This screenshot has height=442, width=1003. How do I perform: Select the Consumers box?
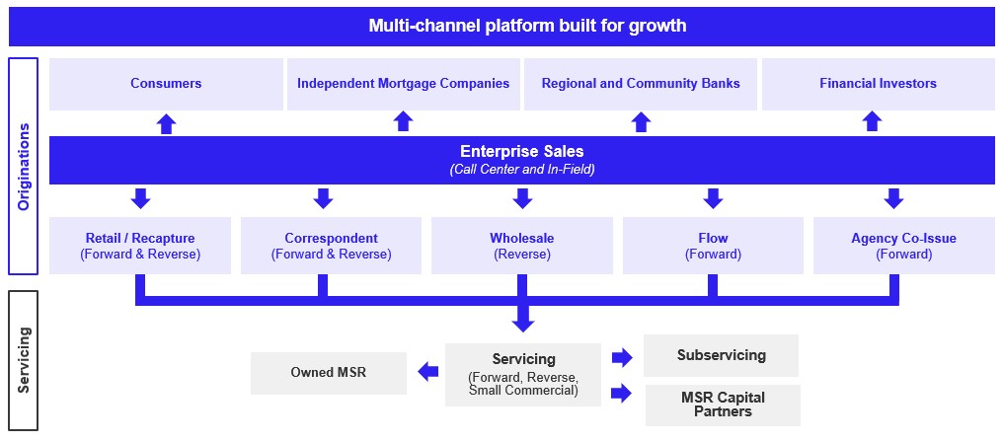166,84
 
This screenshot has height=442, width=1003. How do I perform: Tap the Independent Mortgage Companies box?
403,84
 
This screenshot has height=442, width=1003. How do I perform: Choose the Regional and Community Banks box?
641,84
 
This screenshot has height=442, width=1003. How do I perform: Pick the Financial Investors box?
878,84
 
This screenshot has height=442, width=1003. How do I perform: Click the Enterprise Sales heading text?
521,152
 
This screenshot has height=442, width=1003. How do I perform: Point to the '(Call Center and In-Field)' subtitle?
521,170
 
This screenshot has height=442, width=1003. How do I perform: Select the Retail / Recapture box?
140,246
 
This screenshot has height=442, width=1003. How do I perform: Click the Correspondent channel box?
331,246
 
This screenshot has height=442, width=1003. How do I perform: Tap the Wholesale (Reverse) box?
521,246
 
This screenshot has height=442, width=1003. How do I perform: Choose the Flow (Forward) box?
712,246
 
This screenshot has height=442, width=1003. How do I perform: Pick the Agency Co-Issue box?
903,246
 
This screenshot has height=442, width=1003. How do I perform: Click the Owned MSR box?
328,373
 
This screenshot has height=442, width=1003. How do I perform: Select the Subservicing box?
721,355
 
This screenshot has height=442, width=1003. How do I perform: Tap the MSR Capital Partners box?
723,405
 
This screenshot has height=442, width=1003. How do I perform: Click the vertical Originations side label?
24,166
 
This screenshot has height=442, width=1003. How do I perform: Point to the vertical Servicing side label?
24,360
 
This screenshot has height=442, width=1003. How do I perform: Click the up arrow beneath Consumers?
166,123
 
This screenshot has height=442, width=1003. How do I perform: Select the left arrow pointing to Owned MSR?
427,372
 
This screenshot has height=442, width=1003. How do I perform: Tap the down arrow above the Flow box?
713,198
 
